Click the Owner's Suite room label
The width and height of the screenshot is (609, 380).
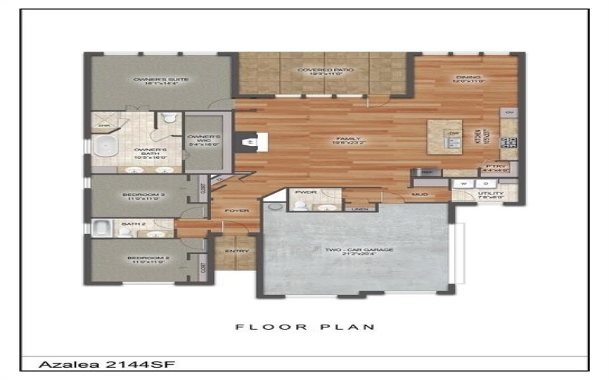tap(151, 81)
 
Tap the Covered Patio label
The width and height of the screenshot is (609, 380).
tap(326, 74)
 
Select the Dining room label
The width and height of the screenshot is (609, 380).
tap(469, 80)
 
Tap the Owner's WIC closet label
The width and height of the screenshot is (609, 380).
tap(204, 141)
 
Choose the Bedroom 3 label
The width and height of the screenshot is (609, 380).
tap(143, 198)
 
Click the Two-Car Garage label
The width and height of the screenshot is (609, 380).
tap(356, 252)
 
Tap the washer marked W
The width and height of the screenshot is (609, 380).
tap(462, 183)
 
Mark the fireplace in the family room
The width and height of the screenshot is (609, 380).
tap(251, 141)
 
